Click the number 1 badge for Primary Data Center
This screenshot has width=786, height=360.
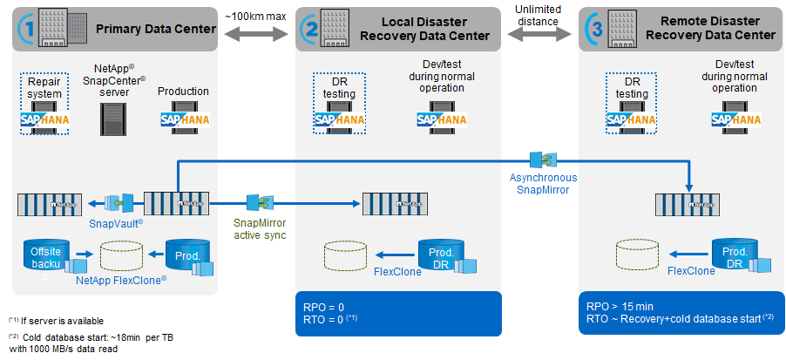[x=30, y=29]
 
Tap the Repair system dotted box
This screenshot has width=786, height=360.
[x=44, y=104]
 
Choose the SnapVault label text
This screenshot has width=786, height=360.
[x=116, y=223]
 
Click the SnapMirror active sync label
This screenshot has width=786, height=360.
[x=259, y=228]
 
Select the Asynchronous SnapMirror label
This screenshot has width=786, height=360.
[x=544, y=184]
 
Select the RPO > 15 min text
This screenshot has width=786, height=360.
[x=620, y=308]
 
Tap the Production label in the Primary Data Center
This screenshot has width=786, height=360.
[x=183, y=92]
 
